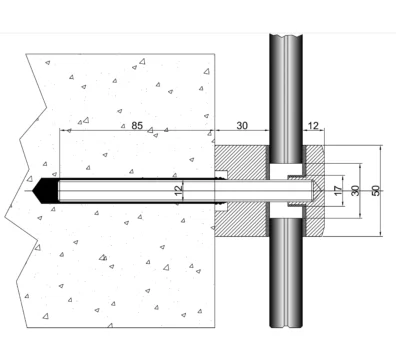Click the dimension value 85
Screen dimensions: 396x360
137,126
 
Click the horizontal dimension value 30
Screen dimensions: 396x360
242,126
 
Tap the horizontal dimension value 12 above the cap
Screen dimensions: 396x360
313,126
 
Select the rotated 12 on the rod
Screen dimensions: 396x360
179,190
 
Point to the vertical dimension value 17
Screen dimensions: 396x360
338,191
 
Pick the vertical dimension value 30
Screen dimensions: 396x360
355,191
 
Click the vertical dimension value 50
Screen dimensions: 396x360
375,191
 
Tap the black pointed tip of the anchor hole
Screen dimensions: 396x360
45,191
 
